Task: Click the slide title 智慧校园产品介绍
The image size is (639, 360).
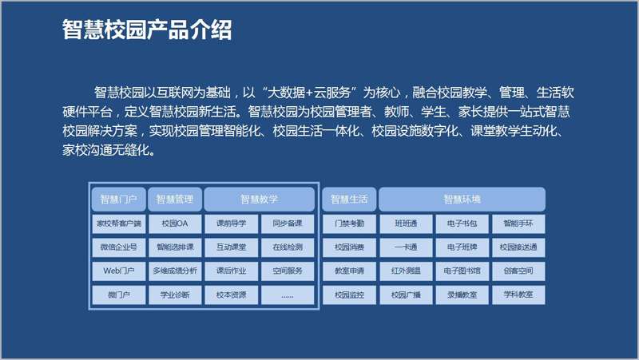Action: coord(147,30)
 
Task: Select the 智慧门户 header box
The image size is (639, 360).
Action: coord(118,199)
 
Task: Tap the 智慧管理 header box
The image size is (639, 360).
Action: coord(175,199)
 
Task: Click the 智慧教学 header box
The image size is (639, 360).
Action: coord(259,199)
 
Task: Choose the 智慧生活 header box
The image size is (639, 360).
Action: coord(349,199)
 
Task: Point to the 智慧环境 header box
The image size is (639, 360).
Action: coord(462,199)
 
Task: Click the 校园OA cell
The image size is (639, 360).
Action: coord(175,224)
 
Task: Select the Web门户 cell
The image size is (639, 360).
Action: coord(118,271)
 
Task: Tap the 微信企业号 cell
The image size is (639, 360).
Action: coord(118,247)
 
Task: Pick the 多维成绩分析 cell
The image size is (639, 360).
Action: coord(175,271)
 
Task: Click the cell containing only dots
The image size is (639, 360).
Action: coord(288,295)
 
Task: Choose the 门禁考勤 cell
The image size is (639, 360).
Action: coord(349,224)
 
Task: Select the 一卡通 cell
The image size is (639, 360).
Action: coord(406,247)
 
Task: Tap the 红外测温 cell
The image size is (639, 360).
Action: coord(406,271)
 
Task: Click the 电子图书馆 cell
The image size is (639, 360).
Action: coord(462,271)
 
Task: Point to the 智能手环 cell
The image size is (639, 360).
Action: coord(518,224)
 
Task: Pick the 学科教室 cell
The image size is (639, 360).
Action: coord(518,295)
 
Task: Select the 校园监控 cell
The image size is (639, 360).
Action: coord(349,295)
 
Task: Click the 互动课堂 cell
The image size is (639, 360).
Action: coord(231,247)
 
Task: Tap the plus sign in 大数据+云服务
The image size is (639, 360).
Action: coord(309,93)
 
